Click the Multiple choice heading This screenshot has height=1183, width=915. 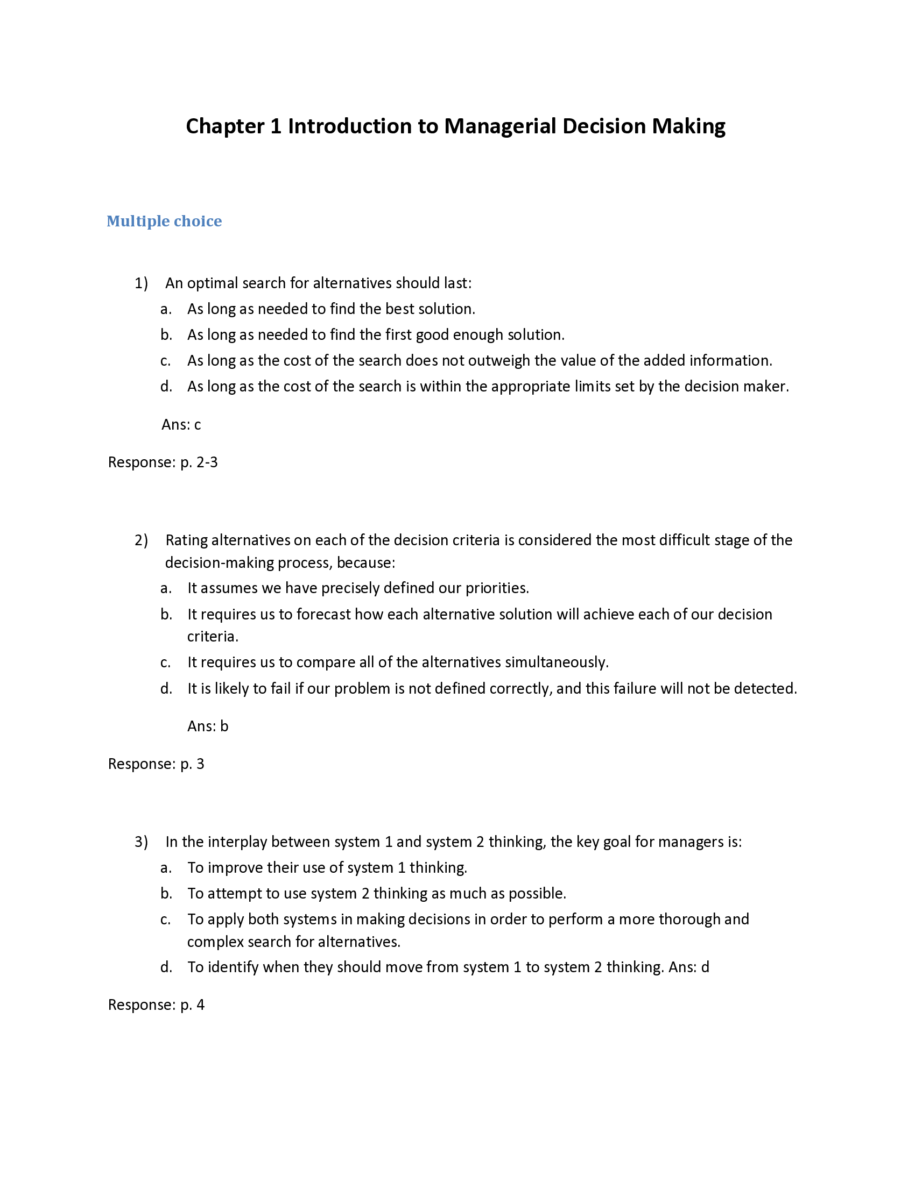pos(164,221)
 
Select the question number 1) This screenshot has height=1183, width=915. pos(141,283)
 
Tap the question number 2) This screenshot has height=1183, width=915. pos(141,540)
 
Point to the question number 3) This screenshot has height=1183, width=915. pos(141,842)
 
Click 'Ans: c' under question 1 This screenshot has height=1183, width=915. pos(181,425)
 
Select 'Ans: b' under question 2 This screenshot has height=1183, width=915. pos(208,726)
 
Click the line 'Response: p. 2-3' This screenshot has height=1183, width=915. pos(163,462)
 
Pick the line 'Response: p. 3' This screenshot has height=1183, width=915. pos(156,764)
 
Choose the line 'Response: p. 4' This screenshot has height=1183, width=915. pos(156,1006)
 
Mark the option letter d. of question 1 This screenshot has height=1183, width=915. pos(166,387)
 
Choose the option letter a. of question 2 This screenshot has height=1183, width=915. pos(166,588)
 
